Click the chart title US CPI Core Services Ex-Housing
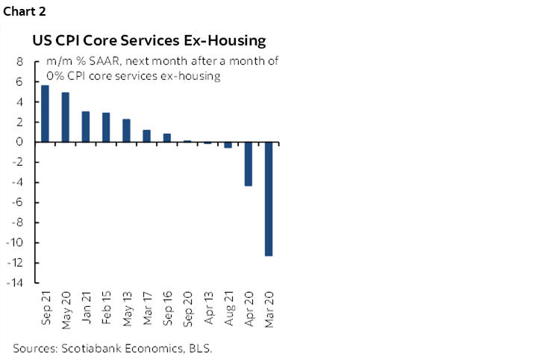pos(148,40)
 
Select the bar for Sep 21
pos(45,114)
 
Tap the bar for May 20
pos(65,117)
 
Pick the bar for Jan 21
pos(86,126)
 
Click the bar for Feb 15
pos(106,127)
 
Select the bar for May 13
pos(126,131)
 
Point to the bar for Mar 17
pos(146,136)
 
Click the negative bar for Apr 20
pos(249,164)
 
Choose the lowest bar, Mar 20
pos(269,199)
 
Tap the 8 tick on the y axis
pos(19,62)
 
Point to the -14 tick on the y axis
pos(16,283)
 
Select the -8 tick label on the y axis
pos(19,223)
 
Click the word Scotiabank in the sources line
pos(88,347)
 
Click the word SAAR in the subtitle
pos(93,62)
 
